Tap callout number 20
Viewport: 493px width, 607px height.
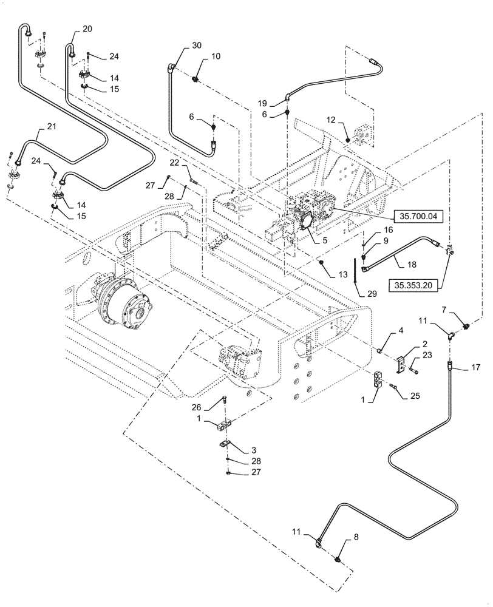[87, 29]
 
